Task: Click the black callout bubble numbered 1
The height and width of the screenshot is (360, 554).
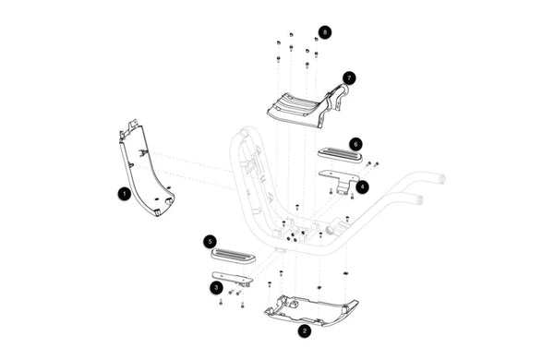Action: [125, 194]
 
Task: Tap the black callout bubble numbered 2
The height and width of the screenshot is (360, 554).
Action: [304, 331]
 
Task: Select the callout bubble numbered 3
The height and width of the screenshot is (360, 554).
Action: [216, 287]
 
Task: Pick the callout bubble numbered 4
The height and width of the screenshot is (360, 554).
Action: [363, 186]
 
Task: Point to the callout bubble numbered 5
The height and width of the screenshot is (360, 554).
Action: [211, 242]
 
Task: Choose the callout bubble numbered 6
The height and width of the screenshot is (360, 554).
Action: [355, 144]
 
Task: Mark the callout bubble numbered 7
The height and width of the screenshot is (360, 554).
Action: [349, 78]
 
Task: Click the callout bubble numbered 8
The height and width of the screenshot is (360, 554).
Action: [325, 32]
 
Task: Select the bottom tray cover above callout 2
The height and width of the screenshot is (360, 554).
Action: [311, 311]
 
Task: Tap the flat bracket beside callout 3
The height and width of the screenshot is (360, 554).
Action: [233, 278]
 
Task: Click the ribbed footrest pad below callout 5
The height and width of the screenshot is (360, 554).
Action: [234, 255]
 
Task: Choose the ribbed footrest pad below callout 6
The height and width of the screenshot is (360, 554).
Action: [340, 155]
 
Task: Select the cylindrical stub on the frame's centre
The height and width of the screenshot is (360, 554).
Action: [331, 231]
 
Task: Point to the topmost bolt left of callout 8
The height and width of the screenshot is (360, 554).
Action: [292, 35]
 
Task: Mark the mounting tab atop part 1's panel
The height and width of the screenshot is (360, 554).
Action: [133, 124]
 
